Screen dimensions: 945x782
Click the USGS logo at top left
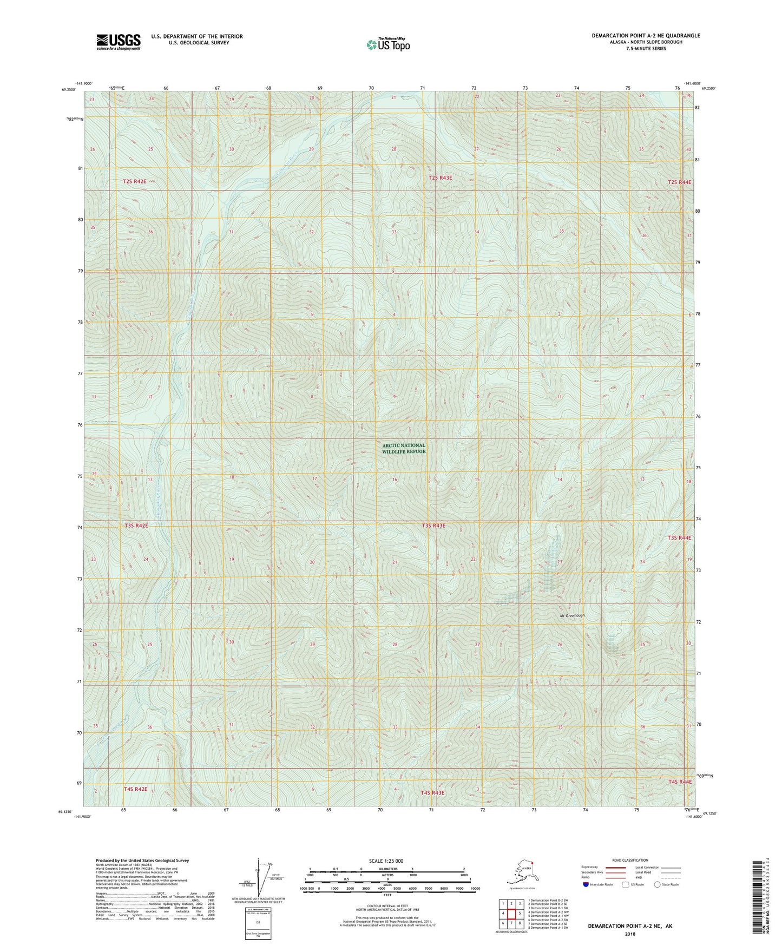[118, 42]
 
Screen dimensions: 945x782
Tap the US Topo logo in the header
[387, 44]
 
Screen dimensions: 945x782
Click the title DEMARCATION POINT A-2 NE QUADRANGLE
[645, 36]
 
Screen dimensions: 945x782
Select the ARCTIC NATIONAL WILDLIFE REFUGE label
[403, 448]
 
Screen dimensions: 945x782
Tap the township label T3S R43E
[433, 526]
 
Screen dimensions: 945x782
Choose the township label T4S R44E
[680, 782]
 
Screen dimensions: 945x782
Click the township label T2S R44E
[679, 182]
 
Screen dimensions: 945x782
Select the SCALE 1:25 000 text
[386, 861]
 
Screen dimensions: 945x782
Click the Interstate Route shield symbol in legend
[586, 884]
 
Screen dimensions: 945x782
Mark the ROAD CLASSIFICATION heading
[630, 860]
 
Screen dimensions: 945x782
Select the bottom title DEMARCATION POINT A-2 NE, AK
[630, 926]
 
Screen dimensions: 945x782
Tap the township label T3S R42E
[136, 526]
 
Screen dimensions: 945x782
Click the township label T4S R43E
[432, 793]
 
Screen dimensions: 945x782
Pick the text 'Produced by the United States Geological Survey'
[142, 861]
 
